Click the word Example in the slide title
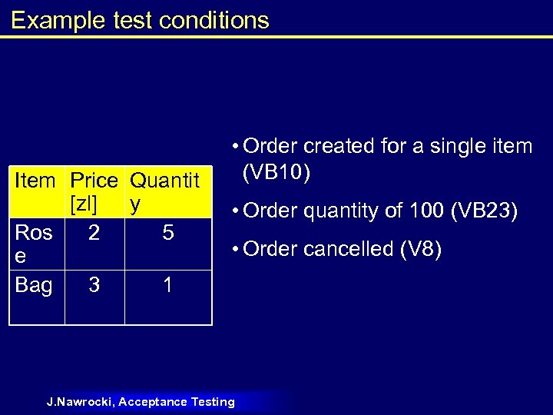[x=47, y=20]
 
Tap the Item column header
[x=35, y=181]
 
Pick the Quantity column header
[x=164, y=192]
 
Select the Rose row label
[x=34, y=244]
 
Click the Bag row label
[x=34, y=286]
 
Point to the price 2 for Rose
[x=94, y=233]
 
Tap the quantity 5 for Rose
[x=168, y=233]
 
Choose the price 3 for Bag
[x=94, y=286]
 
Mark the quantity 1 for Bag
[x=168, y=286]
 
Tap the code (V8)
[x=418, y=250]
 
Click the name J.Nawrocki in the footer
[x=80, y=402]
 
